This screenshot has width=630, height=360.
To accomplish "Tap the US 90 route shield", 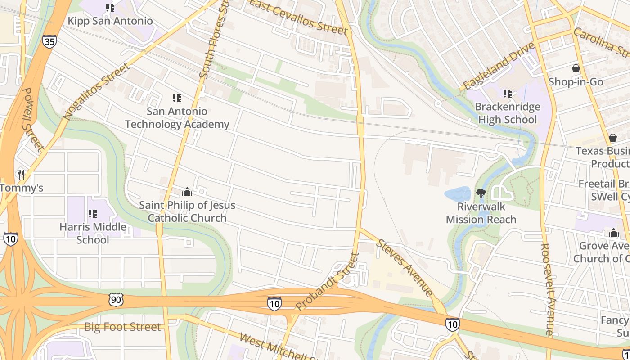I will [116, 299].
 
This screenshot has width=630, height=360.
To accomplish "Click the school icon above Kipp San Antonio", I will [110, 8].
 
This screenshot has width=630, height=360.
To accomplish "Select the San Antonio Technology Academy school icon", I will [177, 98].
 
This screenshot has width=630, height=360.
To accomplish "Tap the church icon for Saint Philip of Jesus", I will [187, 192].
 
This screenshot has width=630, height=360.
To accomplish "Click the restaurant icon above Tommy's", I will [21, 174].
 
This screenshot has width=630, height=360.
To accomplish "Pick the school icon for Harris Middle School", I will [93, 214].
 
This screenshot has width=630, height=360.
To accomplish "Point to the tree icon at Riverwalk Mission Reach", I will [481, 194].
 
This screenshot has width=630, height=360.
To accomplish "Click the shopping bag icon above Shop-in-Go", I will [576, 69].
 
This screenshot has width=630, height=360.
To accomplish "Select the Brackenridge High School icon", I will [508, 94].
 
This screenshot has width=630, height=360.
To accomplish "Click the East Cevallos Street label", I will [299, 17].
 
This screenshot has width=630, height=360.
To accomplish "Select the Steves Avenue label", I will [405, 267].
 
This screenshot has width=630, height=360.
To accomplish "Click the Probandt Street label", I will [328, 282].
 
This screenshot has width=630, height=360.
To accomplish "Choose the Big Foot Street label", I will [122, 327].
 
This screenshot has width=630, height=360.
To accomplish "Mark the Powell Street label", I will [33, 119].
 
